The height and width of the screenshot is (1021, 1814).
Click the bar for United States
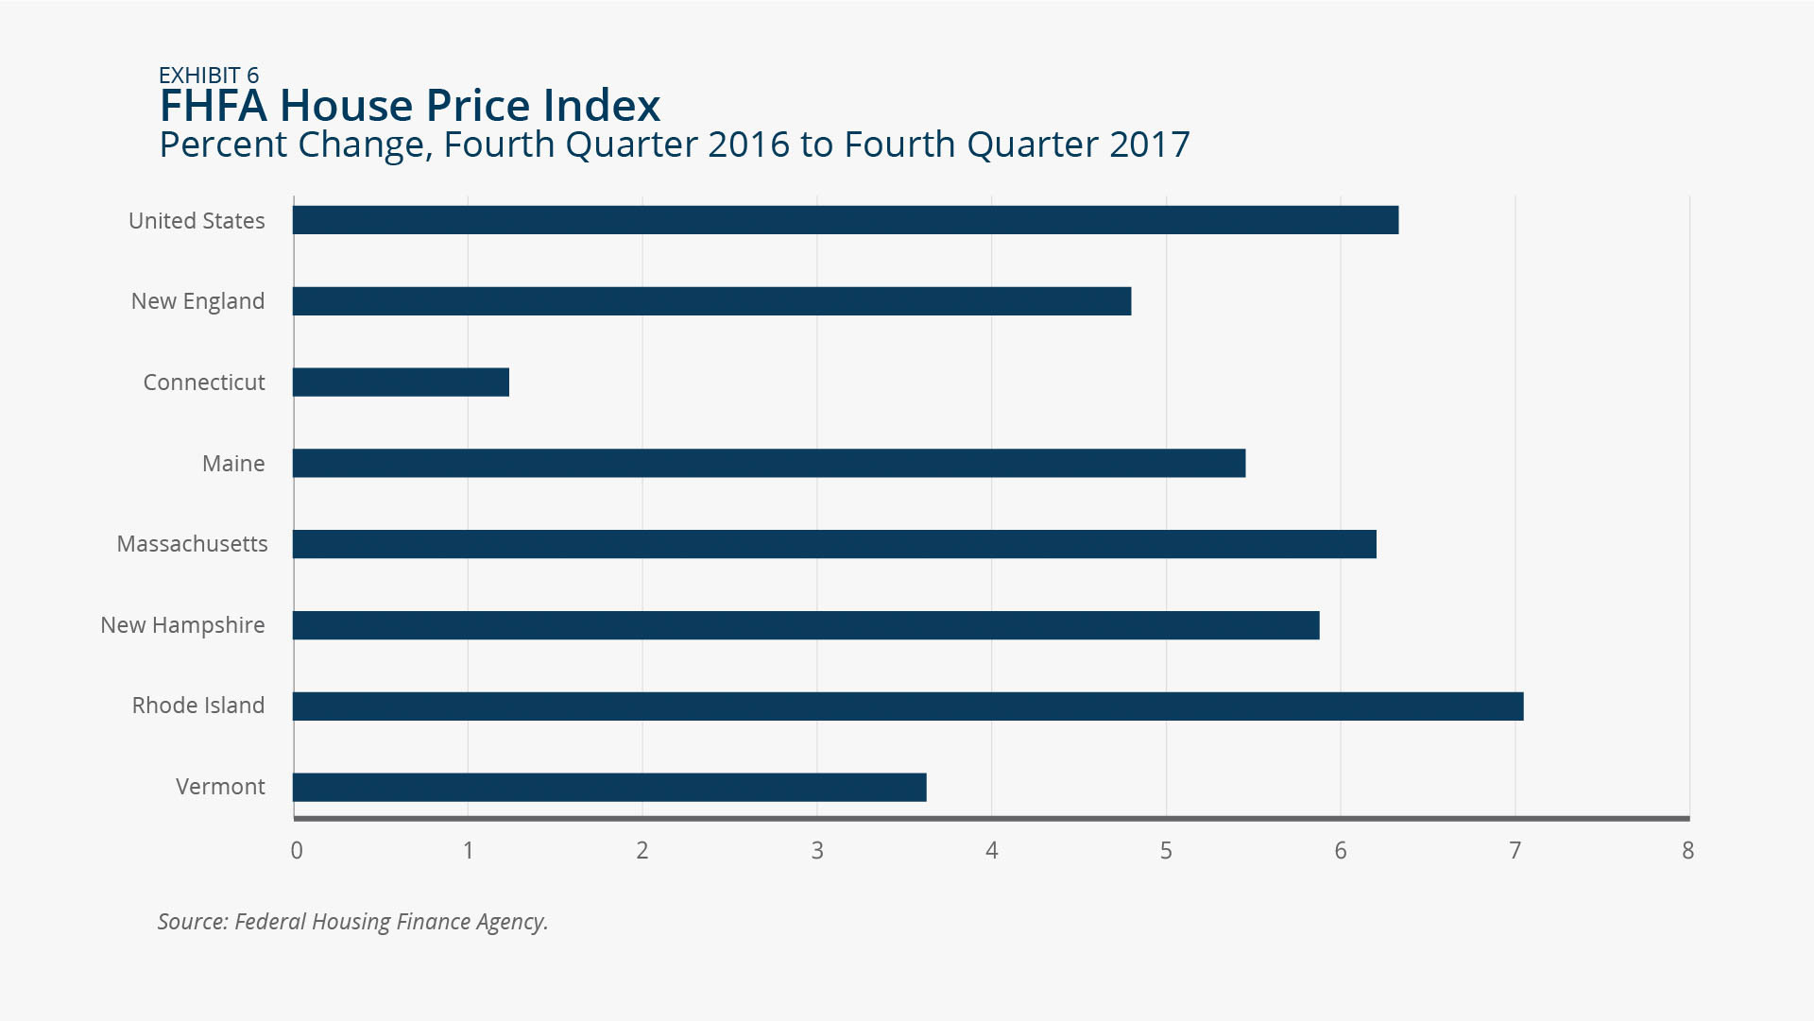[846, 220]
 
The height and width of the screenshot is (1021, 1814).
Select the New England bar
[712, 301]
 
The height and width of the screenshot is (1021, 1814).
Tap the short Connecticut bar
[401, 383]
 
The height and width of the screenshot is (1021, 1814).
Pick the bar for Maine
[769, 464]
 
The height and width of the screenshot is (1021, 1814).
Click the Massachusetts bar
[834, 544]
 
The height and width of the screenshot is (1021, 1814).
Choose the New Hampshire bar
[806, 625]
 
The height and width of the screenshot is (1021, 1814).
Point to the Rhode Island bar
[908, 706]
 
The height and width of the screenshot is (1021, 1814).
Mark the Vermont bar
[609, 788]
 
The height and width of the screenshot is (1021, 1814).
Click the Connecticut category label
[204, 383]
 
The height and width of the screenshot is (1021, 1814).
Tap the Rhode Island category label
[198, 706]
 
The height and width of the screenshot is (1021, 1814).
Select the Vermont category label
[220, 787]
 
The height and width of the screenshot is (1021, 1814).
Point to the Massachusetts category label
[193, 544]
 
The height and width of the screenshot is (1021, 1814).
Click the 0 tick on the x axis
[297, 851]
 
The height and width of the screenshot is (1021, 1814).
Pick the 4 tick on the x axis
[992, 851]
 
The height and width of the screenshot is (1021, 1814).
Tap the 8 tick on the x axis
[1688, 851]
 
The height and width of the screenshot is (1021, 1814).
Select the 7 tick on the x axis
[1515, 851]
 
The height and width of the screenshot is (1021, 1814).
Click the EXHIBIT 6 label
[209, 76]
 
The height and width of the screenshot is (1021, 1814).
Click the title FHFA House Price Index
[410, 106]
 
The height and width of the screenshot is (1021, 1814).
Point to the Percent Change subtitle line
[675, 145]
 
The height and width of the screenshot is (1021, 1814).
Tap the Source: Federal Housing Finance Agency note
[353, 922]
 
